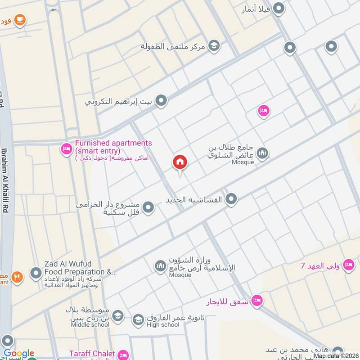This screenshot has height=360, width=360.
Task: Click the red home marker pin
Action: point(180,163)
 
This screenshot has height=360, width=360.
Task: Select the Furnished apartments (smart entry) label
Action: point(113,146)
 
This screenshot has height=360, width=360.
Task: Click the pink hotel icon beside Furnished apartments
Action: point(67,148)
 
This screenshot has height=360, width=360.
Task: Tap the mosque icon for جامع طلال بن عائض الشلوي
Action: point(263,153)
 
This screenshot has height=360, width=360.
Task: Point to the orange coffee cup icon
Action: point(19,19)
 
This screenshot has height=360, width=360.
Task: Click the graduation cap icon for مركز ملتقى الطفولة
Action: point(214,45)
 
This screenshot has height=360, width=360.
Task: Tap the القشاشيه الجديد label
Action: point(198,199)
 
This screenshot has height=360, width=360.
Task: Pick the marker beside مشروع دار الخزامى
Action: point(148,207)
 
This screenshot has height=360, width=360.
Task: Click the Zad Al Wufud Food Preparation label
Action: point(80,268)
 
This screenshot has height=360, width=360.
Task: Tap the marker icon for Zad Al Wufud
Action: point(36,273)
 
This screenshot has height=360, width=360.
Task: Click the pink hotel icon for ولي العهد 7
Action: point(348,265)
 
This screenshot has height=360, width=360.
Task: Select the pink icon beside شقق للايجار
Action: point(257,299)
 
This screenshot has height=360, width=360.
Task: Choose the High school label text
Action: point(162,324)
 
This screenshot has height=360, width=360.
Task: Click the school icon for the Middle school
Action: point(117,316)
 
